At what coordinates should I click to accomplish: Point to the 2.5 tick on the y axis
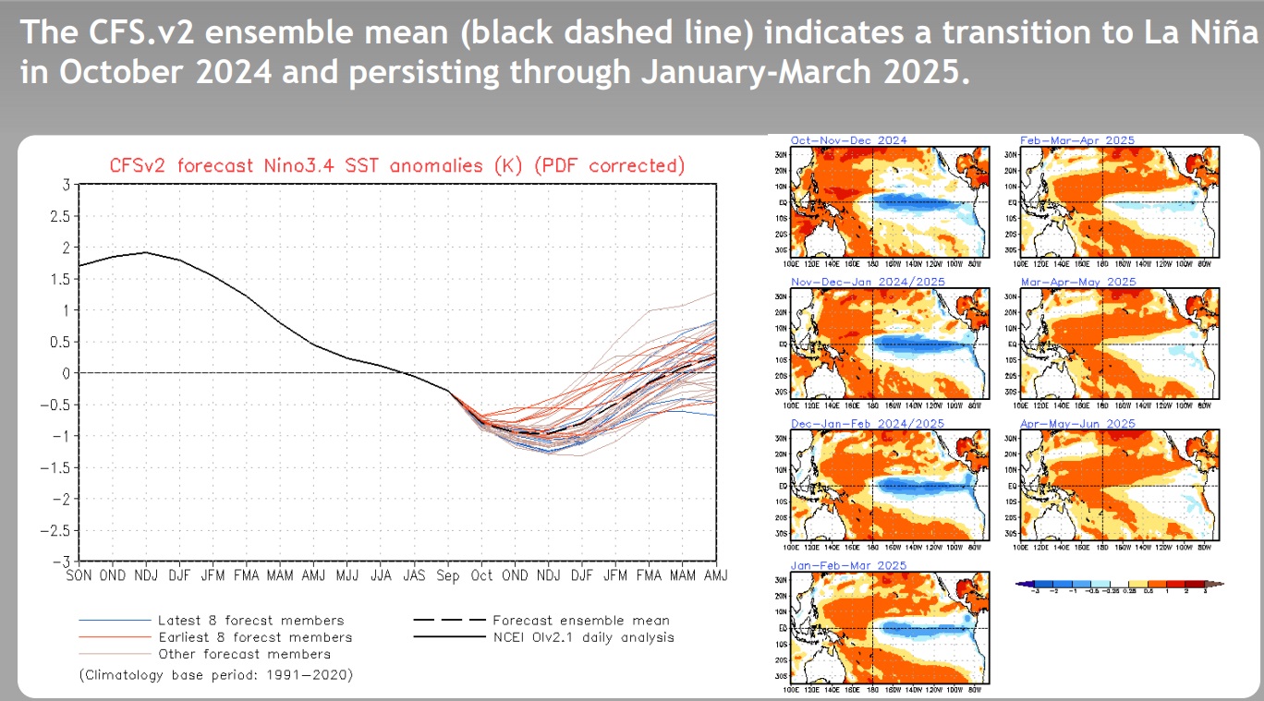(61, 216)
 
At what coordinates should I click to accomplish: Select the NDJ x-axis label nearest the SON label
(145, 575)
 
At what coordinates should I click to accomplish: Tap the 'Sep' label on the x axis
(448, 575)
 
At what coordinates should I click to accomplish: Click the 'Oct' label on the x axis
(482, 575)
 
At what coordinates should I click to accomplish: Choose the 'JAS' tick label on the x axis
(414, 575)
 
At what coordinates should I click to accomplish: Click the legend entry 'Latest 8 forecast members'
(250, 621)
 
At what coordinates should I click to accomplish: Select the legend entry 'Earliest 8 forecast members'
(254, 637)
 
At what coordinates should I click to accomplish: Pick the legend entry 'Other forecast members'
(244, 654)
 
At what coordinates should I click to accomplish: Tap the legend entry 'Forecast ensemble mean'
(581, 621)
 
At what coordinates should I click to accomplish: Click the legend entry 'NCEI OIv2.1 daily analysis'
(583, 637)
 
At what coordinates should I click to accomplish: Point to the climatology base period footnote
(216, 675)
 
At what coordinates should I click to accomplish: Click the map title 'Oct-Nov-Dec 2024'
(849, 140)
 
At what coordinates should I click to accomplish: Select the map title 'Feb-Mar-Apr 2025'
(1077, 140)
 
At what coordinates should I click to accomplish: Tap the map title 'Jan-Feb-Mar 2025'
(848, 565)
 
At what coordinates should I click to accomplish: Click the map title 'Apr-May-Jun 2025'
(1077, 424)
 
